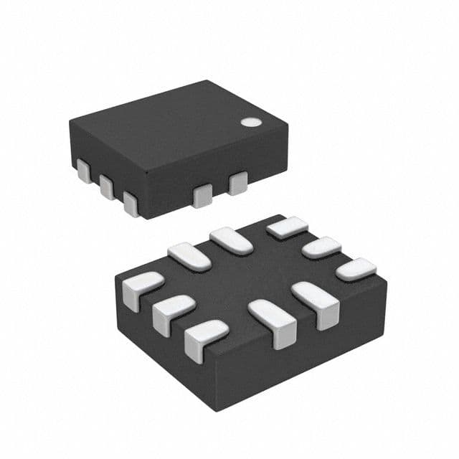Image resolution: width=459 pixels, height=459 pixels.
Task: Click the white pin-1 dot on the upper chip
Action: click(250, 122)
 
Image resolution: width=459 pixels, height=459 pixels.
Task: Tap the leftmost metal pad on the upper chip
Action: click(83, 171)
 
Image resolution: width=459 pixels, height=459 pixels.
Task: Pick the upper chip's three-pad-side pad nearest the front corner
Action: click(131, 203)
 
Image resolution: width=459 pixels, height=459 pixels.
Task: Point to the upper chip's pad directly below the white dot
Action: click(237, 183)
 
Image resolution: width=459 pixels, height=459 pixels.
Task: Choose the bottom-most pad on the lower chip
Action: click(205, 339)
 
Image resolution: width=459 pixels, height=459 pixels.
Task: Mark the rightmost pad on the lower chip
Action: click(356, 269)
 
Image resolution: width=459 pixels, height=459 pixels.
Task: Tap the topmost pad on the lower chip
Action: click(288, 227)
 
